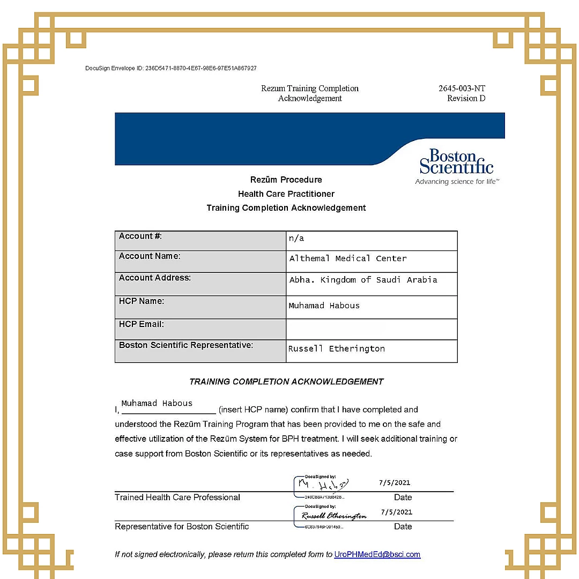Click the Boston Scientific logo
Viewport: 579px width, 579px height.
[456, 162]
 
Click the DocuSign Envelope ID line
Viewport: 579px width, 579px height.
[171, 69]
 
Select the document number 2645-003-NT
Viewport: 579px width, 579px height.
[462, 88]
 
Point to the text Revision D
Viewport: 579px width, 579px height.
[466, 99]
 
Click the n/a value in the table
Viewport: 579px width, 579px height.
[296, 239]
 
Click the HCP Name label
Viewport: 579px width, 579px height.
[142, 301]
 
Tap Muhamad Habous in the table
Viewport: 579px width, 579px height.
[324, 306]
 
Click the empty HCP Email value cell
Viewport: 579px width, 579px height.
[371, 329]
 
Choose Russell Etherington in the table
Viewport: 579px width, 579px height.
[336, 349]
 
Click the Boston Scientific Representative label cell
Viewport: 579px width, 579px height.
[186, 345]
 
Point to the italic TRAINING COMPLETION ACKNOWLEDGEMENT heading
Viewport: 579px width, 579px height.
[286, 382]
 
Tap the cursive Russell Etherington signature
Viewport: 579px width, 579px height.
[334, 516]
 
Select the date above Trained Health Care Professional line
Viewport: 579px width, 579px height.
[395, 482]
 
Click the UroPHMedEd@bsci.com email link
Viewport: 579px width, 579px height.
[377, 554]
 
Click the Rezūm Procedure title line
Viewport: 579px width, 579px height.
[286, 180]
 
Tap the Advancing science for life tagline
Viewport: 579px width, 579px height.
[457, 182]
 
